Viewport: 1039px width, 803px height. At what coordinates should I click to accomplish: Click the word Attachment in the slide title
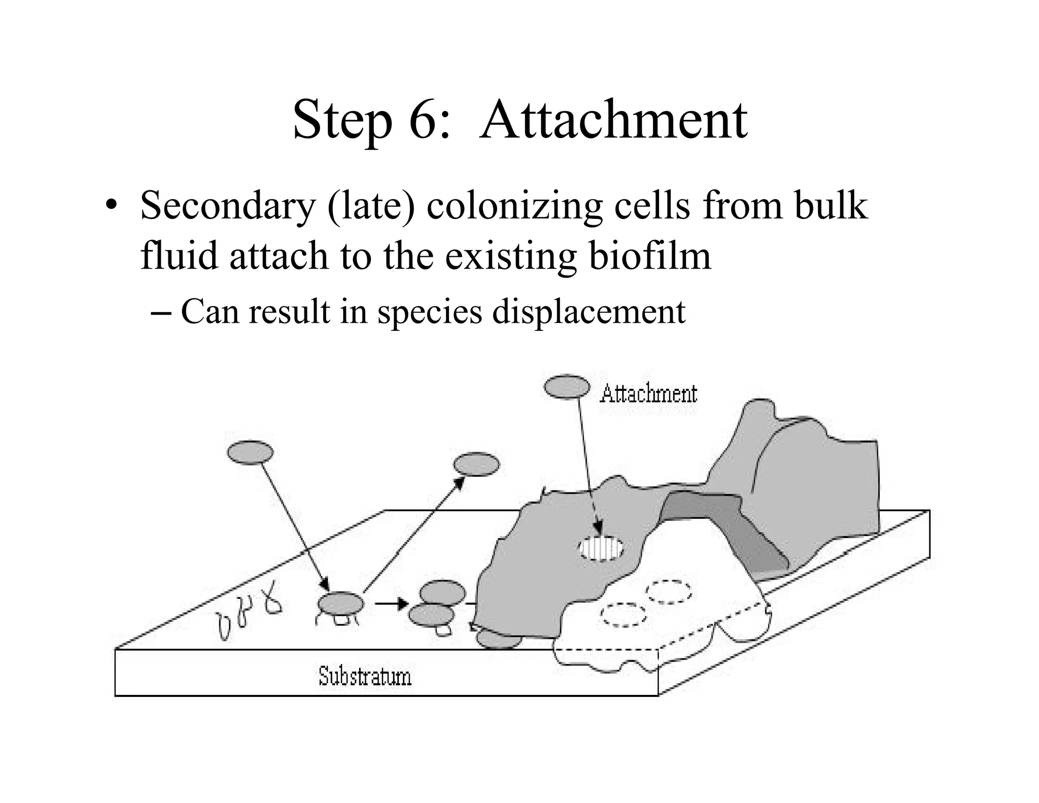coord(613,120)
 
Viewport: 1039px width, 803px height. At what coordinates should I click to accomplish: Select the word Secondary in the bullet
coord(227,206)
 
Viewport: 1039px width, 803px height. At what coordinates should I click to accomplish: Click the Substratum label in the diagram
coord(365,677)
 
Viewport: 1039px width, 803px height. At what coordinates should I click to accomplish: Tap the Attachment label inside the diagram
coord(648,394)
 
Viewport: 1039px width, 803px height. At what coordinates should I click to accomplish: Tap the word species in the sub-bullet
coord(429,311)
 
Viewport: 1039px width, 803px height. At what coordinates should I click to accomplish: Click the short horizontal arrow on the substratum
coord(392,604)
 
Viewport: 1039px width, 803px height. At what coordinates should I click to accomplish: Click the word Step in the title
coord(342,120)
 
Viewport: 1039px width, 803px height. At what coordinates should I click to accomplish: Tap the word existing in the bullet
coord(511,255)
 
